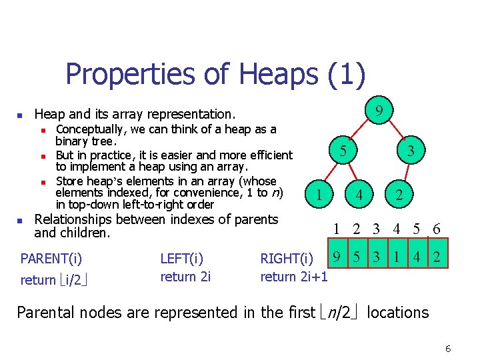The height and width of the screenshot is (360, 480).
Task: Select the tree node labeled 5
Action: point(342,151)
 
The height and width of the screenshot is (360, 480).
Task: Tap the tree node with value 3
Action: point(411,151)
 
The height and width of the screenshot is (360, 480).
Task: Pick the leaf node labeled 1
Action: point(321,195)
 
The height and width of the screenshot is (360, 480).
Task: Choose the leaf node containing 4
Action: point(359,195)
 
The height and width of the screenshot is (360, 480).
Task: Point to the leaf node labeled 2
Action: point(399,195)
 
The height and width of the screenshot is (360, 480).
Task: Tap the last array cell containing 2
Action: point(436,257)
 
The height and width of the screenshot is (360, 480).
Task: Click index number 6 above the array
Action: point(436,229)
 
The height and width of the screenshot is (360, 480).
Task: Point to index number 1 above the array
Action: point(337,229)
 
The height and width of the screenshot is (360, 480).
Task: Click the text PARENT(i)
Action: point(51,259)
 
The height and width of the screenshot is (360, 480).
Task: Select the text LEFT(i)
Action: point(182,259)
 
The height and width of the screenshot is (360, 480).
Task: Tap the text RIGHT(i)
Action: point(287,259)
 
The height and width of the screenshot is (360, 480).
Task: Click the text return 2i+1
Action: point(294,277)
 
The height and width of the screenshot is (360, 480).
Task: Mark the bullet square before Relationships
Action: point(21,220)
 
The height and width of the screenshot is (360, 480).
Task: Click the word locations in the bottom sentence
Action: point(398,312)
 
